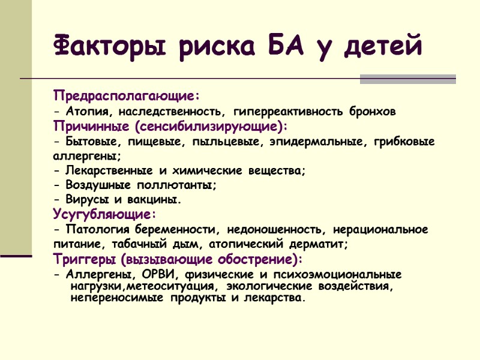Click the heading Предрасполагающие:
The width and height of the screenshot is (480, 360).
(126, 95)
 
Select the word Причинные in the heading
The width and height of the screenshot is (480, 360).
(91, 127)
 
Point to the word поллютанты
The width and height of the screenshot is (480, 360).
(179, 185)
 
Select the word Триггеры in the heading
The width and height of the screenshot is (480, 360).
(83, 260)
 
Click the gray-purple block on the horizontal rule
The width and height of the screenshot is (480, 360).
(407, 79)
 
